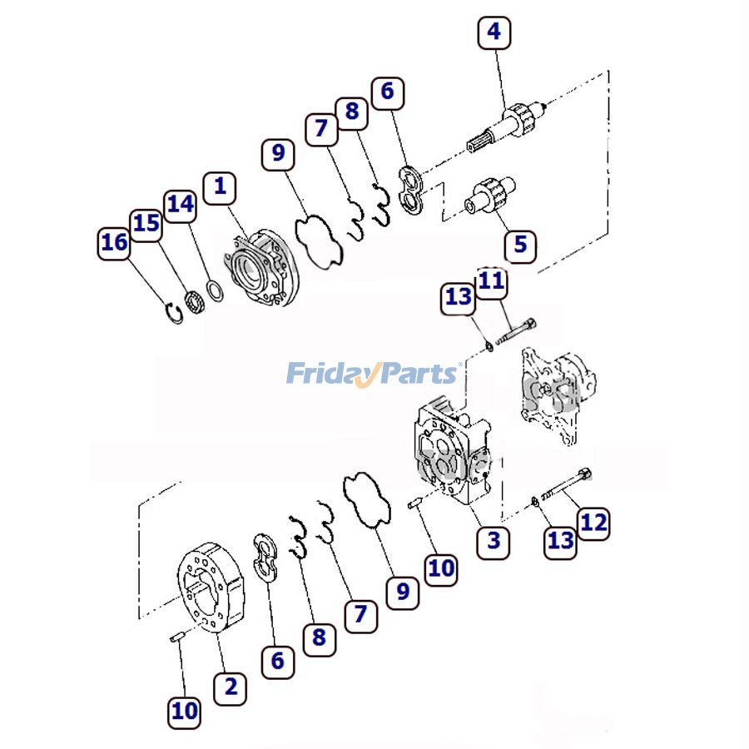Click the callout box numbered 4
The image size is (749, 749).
[x=494, y=32]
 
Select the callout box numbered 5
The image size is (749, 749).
[x=520, y=245]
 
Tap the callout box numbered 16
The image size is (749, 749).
[x=114, y=243]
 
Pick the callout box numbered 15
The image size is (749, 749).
[x=146, y=224]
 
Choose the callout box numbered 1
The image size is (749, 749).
[x=220, y=186]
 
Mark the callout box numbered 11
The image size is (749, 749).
[x=491, y=280]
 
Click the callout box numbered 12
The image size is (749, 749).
[x=593, y=523]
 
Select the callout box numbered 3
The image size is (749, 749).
[x=494, y=541]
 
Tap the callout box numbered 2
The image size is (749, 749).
[x=231, y=687]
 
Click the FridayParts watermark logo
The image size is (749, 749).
[x=372, y=374]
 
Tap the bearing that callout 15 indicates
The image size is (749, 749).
[x=196, y=301]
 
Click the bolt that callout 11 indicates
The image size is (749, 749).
[x=515, y=330]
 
